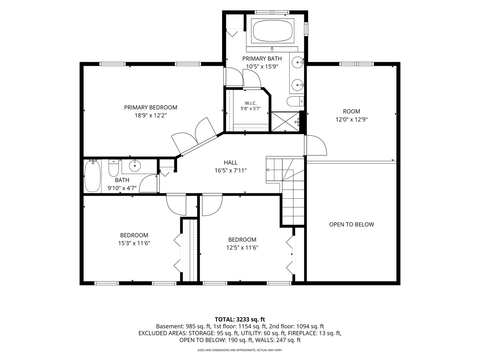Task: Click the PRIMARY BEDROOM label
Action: (150, 108)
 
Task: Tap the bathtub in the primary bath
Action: (272, 31)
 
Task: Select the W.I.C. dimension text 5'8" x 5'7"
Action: (251, 108)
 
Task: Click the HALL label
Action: (230, 163)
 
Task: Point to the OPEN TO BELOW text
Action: (351, 224)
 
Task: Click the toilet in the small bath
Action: (113, 168)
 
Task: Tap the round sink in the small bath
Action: (135, 166)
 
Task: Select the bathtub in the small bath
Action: (93, 176)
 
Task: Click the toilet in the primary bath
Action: (295, 101)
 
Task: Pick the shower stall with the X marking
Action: (285, 122)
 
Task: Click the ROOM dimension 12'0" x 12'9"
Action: (351, 120)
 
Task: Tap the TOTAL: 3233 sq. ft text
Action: (240, 320)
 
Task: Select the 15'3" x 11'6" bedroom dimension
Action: (134, 243)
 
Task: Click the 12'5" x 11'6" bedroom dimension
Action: (242, 248)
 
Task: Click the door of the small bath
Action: (148, 184)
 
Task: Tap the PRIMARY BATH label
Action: (262, 59)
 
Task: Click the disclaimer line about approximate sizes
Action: (240, 350)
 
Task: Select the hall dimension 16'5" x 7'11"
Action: (230, 170)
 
